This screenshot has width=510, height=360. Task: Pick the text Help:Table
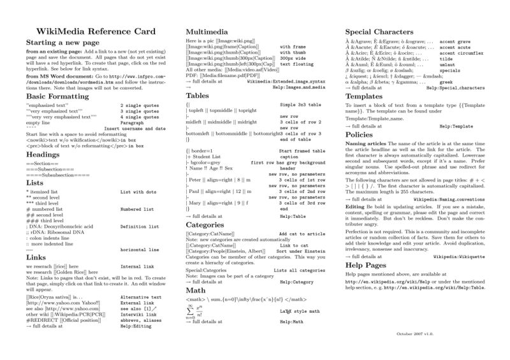(294, 217)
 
